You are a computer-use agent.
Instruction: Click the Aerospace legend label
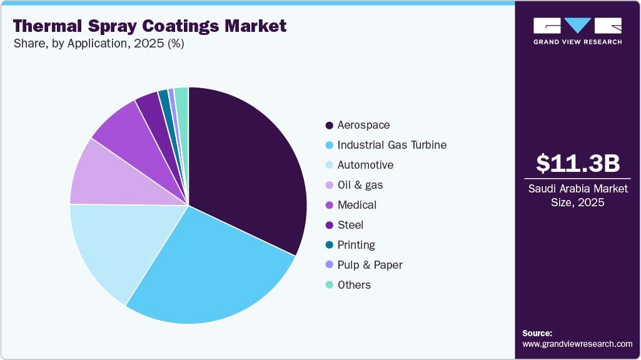[x=363, y=125]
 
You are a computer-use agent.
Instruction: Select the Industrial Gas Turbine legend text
[x=391, y=145]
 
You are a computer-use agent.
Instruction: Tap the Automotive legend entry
[x=365, y=165]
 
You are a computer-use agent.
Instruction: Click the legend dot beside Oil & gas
[x=329, y=185]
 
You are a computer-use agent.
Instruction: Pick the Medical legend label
[x=357, y=205]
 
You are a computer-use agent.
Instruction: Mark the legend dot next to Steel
[x=329, y=225]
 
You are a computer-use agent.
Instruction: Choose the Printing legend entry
[x=356, y=245]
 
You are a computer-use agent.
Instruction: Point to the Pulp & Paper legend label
[x=370, y=265]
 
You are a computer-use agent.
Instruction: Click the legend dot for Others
[x=329, y=285]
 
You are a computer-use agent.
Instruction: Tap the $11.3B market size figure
[x=578, y=163]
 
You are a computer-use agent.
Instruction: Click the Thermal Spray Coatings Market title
[x=149, y=26]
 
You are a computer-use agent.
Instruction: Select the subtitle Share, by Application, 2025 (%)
[x=98, y=44]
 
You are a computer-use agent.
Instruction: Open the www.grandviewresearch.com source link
[x=577, y=344]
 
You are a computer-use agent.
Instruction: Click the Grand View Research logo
[x=577, y=30]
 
